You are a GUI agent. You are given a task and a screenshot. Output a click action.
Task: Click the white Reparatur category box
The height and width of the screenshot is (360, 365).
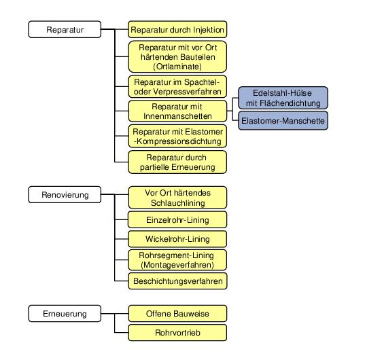coord(65,29)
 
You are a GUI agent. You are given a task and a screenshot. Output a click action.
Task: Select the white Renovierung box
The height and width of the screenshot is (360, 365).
coord(65,195)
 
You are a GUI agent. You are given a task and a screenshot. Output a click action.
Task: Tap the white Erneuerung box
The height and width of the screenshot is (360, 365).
coord(65,314)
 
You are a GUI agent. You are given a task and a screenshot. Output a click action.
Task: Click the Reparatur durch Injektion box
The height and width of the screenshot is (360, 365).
coord(177,29)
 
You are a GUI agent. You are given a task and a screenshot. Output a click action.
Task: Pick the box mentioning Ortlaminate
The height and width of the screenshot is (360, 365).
coord(177,57)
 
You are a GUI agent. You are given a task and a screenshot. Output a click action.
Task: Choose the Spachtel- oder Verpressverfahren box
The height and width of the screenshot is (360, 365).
coord(177,86)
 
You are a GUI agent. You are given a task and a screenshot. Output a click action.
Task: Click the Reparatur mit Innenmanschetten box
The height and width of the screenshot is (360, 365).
coord(177,111)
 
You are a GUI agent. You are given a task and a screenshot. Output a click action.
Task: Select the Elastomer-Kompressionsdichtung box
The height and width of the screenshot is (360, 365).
coord(177,137)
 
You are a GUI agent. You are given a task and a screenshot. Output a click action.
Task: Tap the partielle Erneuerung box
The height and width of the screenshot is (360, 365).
coord(177,162)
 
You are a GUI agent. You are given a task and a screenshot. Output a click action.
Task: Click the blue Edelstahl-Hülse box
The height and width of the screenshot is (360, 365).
coord(283,98)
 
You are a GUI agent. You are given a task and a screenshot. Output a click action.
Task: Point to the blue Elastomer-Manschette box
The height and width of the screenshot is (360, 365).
coord(283,121)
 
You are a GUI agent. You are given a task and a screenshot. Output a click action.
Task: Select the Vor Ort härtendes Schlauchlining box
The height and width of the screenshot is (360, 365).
coord(177,198)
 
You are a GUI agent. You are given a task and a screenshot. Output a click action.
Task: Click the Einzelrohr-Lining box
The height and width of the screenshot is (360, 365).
coord(177,220)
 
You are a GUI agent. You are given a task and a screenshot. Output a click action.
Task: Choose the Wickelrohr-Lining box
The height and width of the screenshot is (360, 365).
coord(177,239)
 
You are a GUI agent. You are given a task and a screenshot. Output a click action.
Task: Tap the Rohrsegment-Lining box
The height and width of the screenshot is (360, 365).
coord(177,260)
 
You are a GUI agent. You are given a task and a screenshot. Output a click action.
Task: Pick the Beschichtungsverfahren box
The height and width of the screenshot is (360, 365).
coord(177,281)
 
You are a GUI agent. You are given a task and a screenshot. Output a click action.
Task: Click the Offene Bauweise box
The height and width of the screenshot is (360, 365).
coord(177,314)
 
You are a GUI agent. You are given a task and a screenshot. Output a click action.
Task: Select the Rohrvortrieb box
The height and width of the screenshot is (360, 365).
coord(177,333)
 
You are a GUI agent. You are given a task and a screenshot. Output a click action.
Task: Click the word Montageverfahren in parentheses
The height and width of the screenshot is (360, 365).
coord(177,265)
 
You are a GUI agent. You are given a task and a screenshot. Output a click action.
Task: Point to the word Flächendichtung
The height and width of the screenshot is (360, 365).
coord(290,103)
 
